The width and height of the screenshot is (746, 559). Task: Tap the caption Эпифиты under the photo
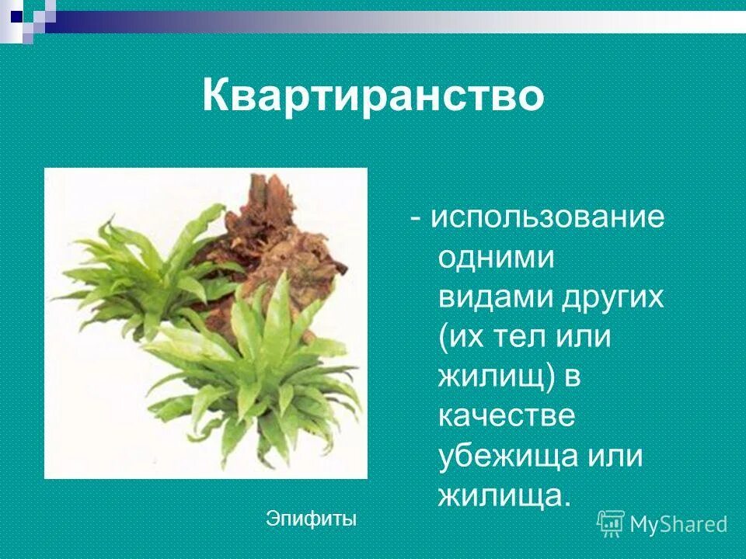pyautogui.click(x=311, y=517)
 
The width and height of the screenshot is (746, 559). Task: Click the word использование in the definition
pyautogui.click(x=548, y=217)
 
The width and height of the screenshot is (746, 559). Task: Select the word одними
pyautogui.click(x=496, y=258)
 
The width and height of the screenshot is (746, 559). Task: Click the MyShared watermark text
pyautogui.click(x=678, y=525)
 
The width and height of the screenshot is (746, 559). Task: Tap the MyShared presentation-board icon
pyautogui.click(x=611, y=523)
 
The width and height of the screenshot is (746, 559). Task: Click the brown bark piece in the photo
pyautogui.click(x=272, y=233)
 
